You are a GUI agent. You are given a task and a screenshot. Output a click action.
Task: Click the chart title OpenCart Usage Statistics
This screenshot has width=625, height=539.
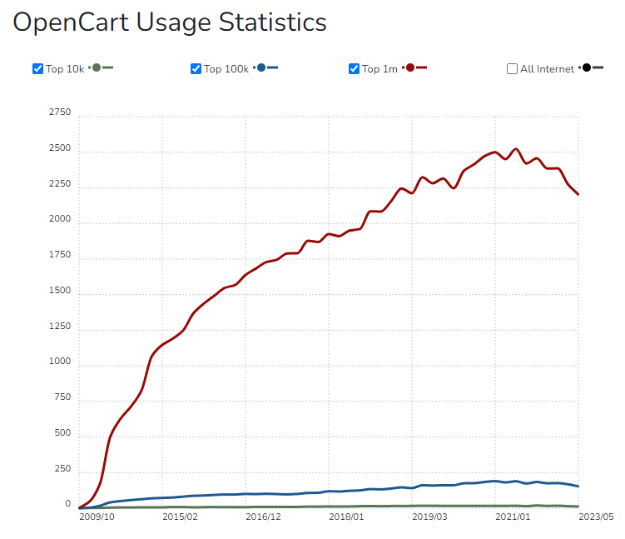[x=170, y=22]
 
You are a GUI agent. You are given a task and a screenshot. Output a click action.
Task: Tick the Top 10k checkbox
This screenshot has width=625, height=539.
[x=37, y=68]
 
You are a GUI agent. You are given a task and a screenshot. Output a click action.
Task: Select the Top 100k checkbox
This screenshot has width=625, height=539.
[x=196, y=68]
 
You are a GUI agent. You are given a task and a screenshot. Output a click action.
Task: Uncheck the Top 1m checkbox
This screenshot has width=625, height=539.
[x=354, y=68]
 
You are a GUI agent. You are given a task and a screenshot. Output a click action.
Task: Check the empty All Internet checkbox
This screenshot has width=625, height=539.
[x=512, y=68]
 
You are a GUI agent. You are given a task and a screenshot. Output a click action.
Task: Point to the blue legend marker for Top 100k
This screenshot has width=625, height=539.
[x=261, y=67]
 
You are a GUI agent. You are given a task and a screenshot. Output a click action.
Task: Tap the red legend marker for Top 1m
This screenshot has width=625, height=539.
[x=410, y=67]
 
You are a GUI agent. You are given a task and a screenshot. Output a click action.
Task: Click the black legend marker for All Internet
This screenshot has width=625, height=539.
[x=587, y=67]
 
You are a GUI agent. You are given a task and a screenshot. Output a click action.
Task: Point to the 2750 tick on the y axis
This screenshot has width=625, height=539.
[x=61, y=112]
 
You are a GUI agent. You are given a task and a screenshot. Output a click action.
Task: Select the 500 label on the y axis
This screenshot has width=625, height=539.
[x=63, y=434]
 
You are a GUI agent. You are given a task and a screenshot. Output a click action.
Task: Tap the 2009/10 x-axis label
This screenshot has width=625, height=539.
[x=97, y=517]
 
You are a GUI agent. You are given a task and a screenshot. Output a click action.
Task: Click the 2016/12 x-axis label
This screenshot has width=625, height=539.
[x=264, y=517]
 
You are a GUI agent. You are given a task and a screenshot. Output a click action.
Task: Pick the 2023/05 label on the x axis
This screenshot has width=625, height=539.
[x=597, y=517]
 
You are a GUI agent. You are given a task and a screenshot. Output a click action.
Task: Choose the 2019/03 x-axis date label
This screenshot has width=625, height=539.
[x=430, y=517]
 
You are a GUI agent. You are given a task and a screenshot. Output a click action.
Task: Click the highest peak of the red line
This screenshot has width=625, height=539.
[x=516, y=149]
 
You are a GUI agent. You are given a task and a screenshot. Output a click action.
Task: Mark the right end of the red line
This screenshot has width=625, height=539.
[x=578, y=194]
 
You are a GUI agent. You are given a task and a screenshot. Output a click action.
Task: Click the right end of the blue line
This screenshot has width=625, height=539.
[x=578, y=486]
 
